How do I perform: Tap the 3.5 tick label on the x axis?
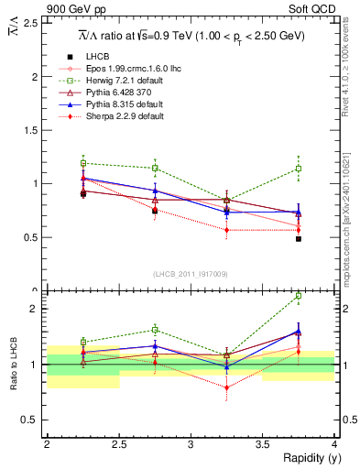263,444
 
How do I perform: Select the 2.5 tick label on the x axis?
118,444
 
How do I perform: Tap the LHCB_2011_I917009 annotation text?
191,273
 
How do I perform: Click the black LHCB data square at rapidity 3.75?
299,238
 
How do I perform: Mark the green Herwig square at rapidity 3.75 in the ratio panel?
299,296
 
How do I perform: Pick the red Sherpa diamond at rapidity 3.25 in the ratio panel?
226,387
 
